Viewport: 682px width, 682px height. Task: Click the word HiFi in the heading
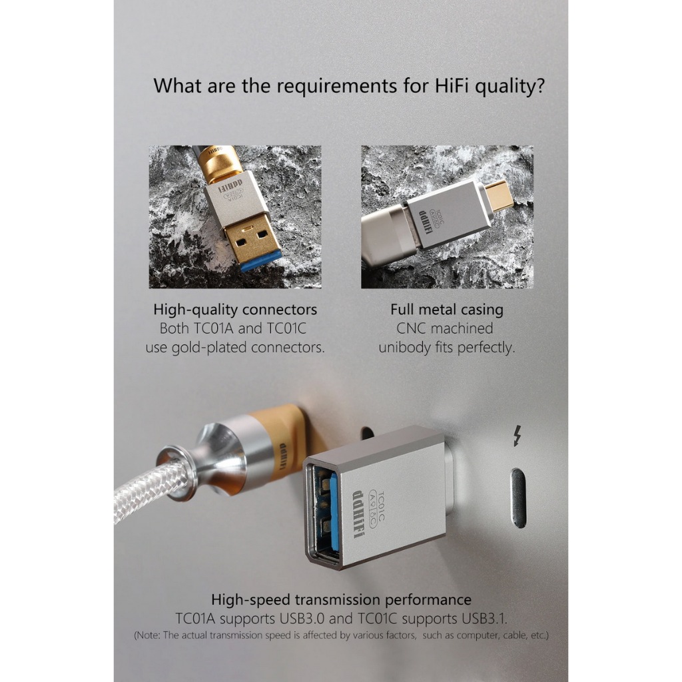click(x=452, y=85)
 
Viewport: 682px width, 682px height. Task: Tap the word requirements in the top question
click(x=336, y=86)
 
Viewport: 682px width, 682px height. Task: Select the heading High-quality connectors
click(x=235, y=309)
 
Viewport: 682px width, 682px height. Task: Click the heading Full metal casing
click(x=447, y=309)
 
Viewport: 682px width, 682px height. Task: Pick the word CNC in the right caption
click(x=411, y=328)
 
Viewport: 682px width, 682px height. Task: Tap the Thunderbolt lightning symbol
click(x=517, y=436)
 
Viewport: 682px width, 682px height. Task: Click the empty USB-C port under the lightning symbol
click(x=517, y=498)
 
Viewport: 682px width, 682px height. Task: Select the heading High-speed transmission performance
click(x=341, y=599)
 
